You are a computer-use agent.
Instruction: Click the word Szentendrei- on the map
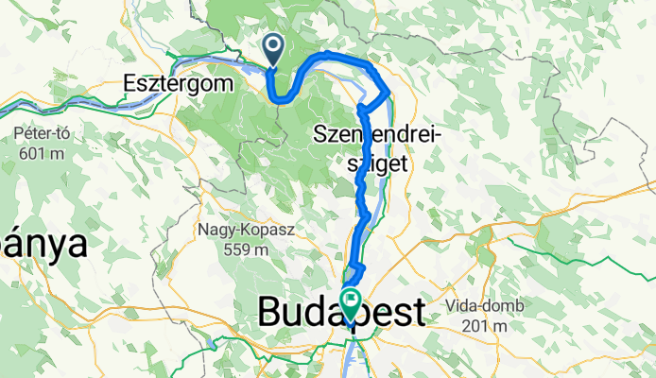pyautogui.click(x=378, y=139)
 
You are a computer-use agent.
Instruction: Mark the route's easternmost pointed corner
pyautogui.click(x=389, y=92)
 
